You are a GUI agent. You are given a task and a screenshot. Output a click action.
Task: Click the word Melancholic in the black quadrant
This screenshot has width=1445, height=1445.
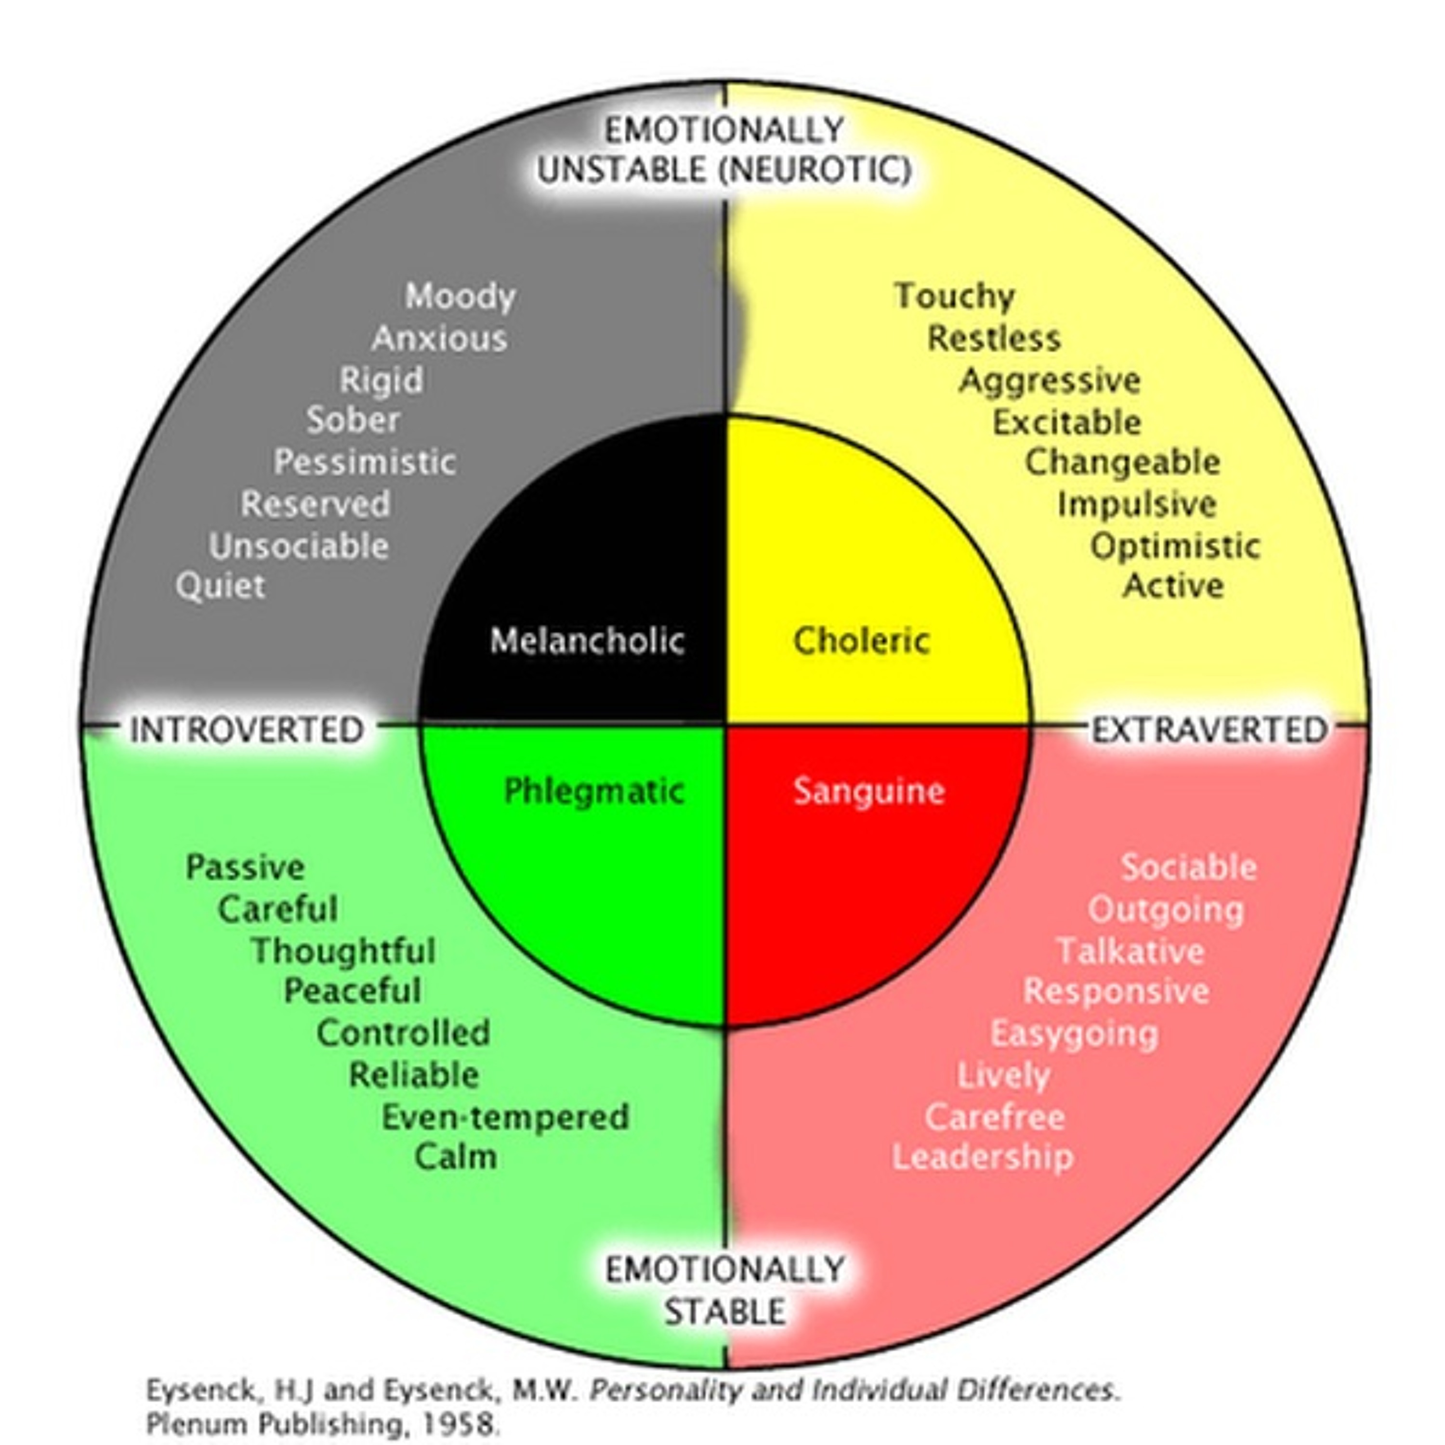(587, 641)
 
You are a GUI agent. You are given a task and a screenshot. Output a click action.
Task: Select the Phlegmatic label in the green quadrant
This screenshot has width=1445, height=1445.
(594, 791)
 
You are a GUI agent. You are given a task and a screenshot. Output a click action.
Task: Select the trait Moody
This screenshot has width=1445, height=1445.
(460, 296)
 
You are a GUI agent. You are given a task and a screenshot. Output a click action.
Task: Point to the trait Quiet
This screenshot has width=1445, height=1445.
(221, 586)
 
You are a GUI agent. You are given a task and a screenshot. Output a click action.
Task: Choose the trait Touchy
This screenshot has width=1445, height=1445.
(954, 296)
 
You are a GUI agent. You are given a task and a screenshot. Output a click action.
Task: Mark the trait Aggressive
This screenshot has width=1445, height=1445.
(1050, 381)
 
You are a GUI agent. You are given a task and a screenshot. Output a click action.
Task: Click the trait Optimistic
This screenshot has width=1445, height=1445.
(1175, 546)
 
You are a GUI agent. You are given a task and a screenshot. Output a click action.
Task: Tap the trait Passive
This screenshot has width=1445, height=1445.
(245, 867)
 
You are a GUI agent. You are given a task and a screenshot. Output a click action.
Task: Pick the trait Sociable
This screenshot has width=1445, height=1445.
(1188, 867)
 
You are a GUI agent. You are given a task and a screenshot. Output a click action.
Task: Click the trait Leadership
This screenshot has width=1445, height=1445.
(983, 1157)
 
